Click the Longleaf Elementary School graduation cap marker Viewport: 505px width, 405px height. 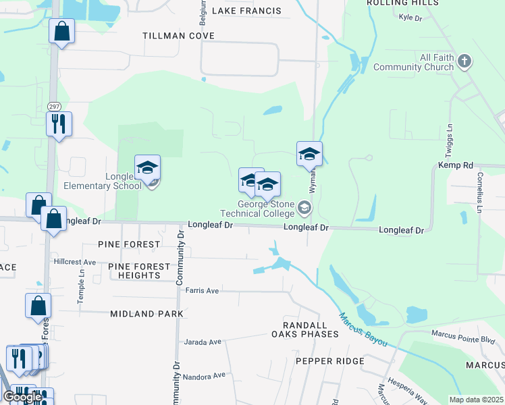147,169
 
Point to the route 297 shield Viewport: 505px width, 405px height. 54,107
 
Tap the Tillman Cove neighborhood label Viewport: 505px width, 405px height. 179,35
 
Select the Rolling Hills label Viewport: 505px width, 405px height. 402,3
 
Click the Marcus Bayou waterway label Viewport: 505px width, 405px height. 364,330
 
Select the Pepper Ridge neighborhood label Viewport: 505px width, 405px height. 330,361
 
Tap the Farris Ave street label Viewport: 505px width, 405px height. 202,290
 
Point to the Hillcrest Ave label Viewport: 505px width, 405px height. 75,261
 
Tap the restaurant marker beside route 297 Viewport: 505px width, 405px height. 59,124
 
